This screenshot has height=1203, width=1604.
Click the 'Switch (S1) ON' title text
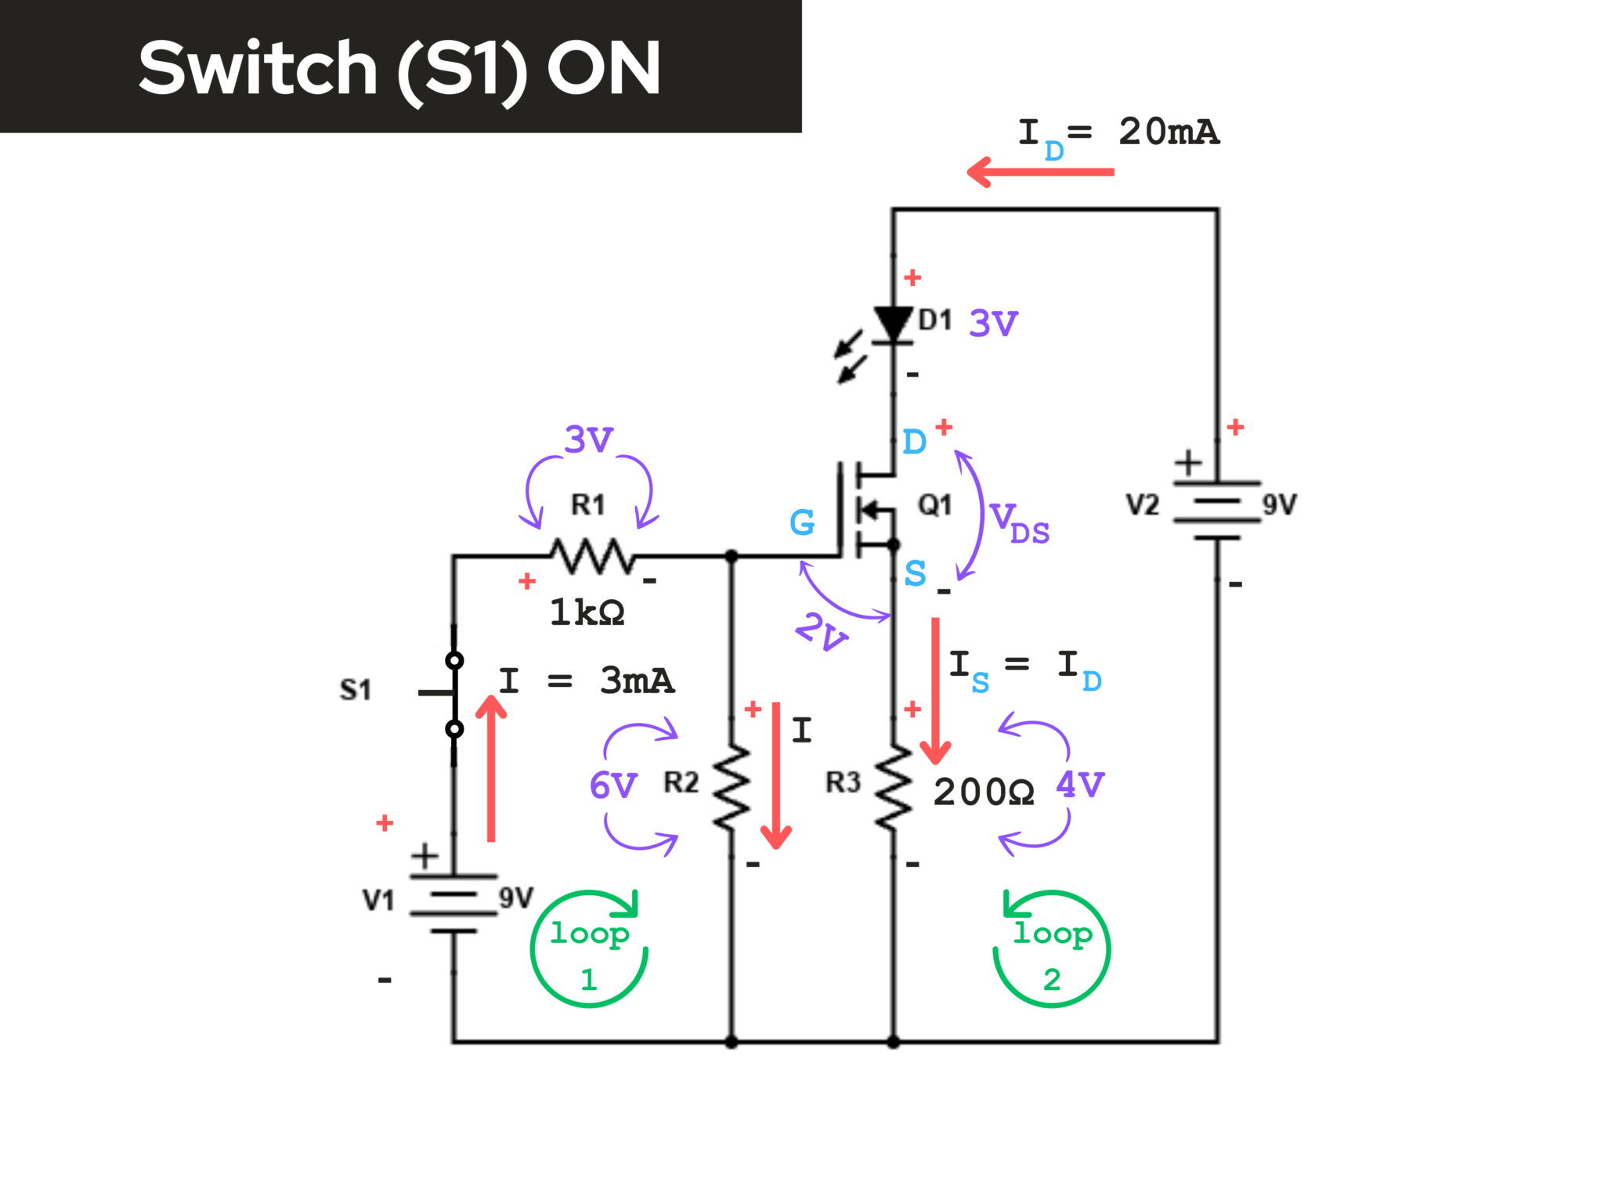tap(399, 69)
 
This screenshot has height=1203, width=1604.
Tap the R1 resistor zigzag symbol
tap(593, 556)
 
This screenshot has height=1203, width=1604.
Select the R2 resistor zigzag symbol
tap(732, 786)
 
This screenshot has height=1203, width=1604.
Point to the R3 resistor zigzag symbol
tap(894, 786)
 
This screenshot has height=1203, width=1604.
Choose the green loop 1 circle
tap(589, 949)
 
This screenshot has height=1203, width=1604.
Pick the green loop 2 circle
tap(1052, 949)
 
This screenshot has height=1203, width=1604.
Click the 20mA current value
tap(1169, 132)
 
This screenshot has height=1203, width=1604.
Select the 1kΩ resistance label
tap(587, 612)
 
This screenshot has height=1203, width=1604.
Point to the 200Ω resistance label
tap(984, 793)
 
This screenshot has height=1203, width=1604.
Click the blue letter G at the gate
tap(802, 522)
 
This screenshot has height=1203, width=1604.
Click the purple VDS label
tap(1018, 523)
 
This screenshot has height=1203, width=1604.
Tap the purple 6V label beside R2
tap(613, 786)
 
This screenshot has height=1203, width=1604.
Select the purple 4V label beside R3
tap(1080, 784)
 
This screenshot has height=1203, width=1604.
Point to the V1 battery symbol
tap(453, 903)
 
